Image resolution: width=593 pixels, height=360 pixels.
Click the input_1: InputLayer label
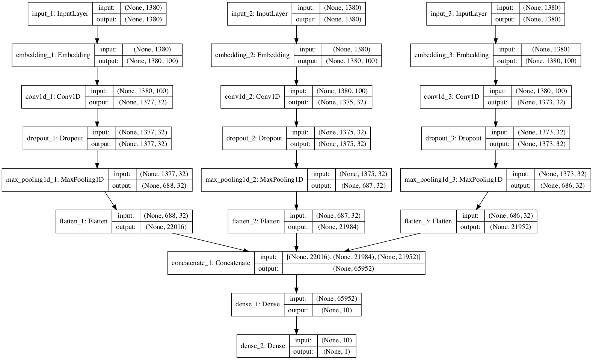pyautogui.click(x=60, y=14)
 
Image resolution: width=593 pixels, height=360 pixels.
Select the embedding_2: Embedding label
pyautogui.click(x=252, y=55)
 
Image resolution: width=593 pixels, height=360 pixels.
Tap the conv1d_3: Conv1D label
pyautogui.click(x=451, y=97)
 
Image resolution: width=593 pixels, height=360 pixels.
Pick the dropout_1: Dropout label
pyautogui.click(x=55, y=139)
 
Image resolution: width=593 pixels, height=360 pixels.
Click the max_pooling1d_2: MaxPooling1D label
pyautogui.click(x=254, y=180)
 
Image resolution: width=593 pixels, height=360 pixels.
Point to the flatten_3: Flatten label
pyautogui.click(x=428, y=221)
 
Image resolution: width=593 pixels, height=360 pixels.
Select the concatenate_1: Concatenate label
pyautogui.click(x=211, y=263)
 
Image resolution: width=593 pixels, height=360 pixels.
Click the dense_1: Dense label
pyautogui.click(x=258, y=304)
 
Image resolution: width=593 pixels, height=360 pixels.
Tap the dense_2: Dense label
pyautogui.click(x=263, y=346)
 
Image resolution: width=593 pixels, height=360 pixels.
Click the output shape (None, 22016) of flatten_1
pyautogui.click(x=166, y=227)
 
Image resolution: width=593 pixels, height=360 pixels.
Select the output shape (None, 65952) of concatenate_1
pyautogui.click(x=353, y=269)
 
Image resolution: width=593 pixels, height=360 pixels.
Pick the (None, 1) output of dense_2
pyautogui.click(x=336, y=352)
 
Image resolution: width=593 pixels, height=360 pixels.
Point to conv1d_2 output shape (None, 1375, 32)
pyautogui.click(x=342, y=102)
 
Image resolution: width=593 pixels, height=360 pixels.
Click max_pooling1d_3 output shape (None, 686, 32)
pyautogui.click(x=563, y=185)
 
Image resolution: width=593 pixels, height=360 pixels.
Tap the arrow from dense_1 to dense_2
pyautogui.click(x=296, y=325)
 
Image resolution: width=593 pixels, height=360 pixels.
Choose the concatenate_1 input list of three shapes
pyautogui.click(x=353, y=257)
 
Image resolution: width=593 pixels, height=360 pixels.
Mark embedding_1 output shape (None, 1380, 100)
pyautogui.click(x=152, y=61)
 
